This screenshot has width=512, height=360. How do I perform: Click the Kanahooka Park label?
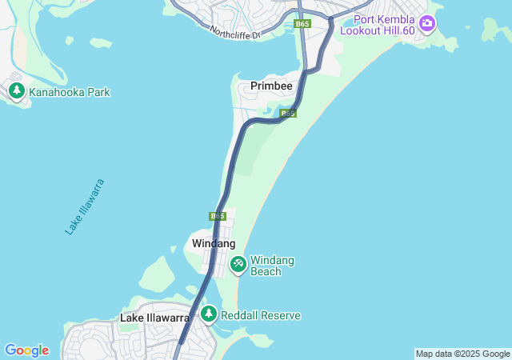pyautogui.click(x=69, y=92)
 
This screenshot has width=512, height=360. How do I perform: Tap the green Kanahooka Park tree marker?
pyautogui.click(x=17, y=91)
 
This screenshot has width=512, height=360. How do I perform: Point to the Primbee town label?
pyautogui.click(x=271, y=86)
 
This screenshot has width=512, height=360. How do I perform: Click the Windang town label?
pyautogui.click(x=214, y=242)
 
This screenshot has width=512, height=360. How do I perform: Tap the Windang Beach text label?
pyautogui.click(x=272, y=266)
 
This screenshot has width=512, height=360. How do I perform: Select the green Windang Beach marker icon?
pyautogui.click(x=238, y=263)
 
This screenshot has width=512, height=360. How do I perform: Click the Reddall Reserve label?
pyautogui.click(x=260, y=315)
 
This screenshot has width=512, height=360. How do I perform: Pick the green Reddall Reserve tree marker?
pyautogui.click(x=209, y=314)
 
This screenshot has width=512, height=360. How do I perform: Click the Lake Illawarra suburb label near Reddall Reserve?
pyautogui.click(x=154, y=318)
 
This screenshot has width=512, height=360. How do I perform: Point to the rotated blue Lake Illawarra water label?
pyautogui.click(x=85, y=206)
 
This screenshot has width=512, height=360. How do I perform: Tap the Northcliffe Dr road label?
pyautogui.click(x=235, y=33)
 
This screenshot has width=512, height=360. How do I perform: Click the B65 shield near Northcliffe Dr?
pyautogui.click(x=302, y=24)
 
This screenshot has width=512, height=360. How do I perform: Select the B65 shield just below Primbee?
pyautogui.click(x=289, y=114)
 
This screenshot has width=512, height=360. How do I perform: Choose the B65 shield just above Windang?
pyautogui.click(x=218, y=216)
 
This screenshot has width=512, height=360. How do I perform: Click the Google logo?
pyautogui.click(x=26, y=350)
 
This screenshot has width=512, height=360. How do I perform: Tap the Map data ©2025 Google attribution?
pyautogui.click(x=462, y=354)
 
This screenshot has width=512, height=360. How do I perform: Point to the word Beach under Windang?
pyautogui.click(x=266, y=272)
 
